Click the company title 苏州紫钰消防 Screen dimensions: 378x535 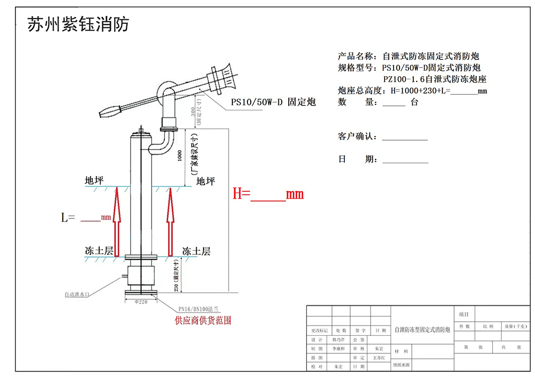point(78,24)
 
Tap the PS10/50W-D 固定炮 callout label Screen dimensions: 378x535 point(273,101)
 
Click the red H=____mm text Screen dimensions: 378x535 point(268,194)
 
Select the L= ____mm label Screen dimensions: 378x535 point(86,217)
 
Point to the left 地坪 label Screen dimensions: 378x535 point(94,181)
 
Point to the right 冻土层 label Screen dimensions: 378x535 point(196,251)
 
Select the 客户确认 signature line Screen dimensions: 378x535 point(404,139)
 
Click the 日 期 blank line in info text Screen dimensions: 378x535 point(404,162)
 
